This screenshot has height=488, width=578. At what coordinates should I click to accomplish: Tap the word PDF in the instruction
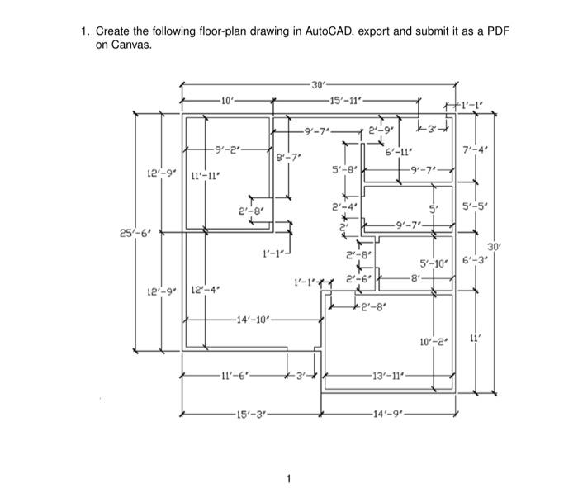pyautogui.click(x=499, y=31)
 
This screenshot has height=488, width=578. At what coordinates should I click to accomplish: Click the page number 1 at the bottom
pyautogui.click(x=289, y=478)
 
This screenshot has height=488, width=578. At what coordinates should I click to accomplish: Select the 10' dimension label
pyautogui.click(x=228, y=101)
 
